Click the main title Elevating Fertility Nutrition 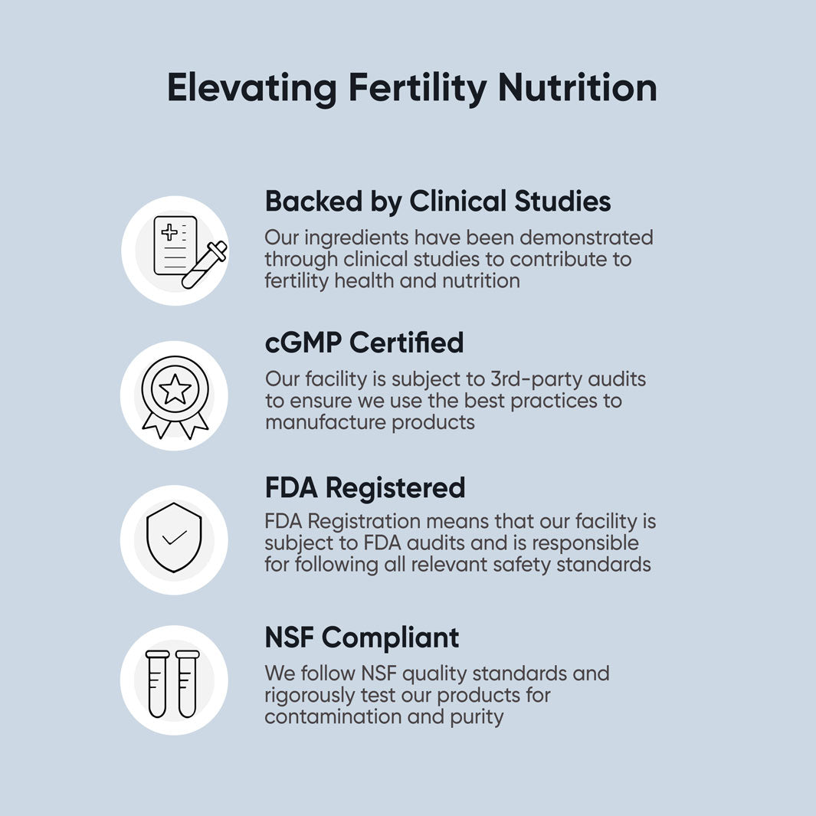click(x=411, y=87)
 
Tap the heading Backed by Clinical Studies click(x=437, y=202)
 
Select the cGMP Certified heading click(x=364, y=342)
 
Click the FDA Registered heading click(x=365, y=487)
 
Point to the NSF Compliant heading click(x=362, y=637)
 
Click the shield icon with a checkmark click(x=174, y=539)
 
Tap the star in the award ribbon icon click(x=175, y=389)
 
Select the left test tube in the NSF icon click(x=158, y=683)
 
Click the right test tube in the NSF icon click(x=187, y=683)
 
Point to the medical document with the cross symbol click(x=175, y=245)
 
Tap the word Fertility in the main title click(x=417, y=87)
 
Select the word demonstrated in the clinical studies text click(x=588, y=238)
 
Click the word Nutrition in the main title click(x=577, y=87)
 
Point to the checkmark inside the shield click(x=175, y=538)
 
